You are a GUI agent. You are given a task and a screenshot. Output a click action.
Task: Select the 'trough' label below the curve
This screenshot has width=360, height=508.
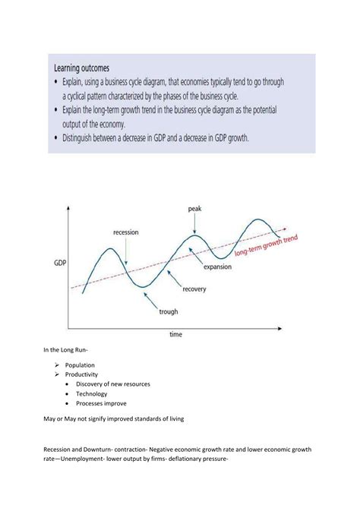pos(169,311)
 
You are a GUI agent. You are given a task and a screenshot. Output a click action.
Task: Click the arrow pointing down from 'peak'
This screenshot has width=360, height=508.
pos(195,224)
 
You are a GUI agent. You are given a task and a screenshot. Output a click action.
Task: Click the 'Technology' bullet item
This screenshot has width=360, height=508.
pos(91,394)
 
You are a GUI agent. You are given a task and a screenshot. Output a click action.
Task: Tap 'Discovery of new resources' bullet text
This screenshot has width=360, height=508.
pos(112,384)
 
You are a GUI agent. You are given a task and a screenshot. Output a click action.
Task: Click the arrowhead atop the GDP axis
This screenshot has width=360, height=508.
pos(70,207)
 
